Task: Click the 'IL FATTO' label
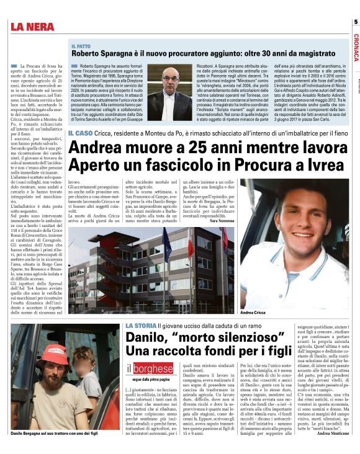coord(82,47)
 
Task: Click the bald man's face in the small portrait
coord(168,81)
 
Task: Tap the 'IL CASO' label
coord(80,133)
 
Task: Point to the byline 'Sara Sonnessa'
coord(222,221)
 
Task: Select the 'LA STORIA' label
coord(139,326)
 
